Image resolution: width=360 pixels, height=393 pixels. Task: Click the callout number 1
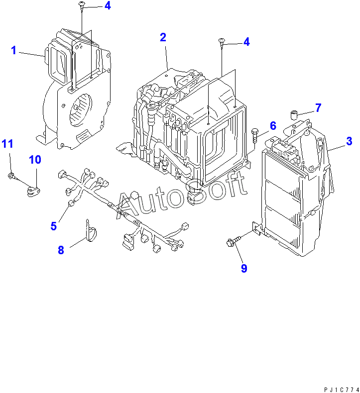click(x=14, y=50)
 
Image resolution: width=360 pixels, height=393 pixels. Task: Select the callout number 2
click(x=163, y=37)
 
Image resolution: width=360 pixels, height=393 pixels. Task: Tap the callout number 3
click(x=350, y=141)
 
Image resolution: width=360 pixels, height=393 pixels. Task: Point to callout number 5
click(x=54, y=226)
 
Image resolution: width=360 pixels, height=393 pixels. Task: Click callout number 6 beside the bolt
click(x=273, y=125)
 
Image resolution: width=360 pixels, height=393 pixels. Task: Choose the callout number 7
click(x=318, y=107)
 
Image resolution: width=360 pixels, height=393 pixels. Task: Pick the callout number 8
click(x=61, y=250)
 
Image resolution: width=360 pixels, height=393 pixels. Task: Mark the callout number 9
click(x=244, y=268)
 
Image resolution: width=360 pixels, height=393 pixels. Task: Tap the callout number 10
click(x=35, y=160)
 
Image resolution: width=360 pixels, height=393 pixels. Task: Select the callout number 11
click(x=7, y=144)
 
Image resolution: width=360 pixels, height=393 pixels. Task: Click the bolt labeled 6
click(x=256, y=134)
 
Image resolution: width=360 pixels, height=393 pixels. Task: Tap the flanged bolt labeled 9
click(x=232, y=242)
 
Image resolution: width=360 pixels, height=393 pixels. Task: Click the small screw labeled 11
click(x=10, y=175)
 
